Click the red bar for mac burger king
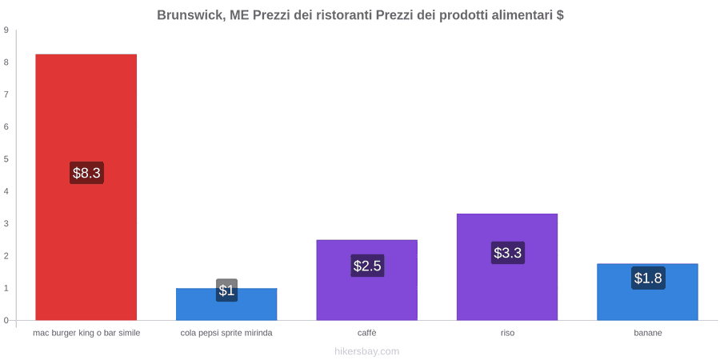click(86, 187)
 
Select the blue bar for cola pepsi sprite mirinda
click(226, 304)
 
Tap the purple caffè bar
click(367, 280)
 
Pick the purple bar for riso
click(507, 266)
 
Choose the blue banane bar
click(647, 291)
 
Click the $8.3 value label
click(86, 173)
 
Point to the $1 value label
click(226, 290)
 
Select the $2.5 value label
click(367, 266)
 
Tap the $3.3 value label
click(508, 253)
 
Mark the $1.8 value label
click(648, 278)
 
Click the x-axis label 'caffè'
click(367, 333)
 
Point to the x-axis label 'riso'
click(507, 333)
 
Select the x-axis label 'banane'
click(648, 333)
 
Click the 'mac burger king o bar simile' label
click(86, 333)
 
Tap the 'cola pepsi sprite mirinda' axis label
click(226, 333)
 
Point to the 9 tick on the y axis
click(6, 30)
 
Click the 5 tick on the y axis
click(6, 159)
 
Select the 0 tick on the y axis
click(6, 321)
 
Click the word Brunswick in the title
click(190, 15)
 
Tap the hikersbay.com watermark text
click(367, 351)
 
